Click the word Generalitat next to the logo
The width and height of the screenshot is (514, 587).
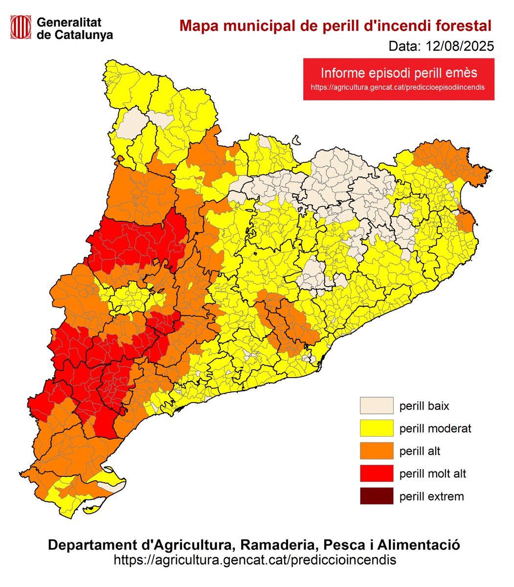click(69, 23)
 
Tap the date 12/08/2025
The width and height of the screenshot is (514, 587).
click(460, 46)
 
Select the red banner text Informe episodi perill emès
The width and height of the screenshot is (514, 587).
click(399, 73)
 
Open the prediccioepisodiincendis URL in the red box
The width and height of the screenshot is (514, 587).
click(399, 88)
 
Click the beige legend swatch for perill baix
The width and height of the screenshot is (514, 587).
click(377, 406)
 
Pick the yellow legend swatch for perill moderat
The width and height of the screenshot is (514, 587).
click(377, 428)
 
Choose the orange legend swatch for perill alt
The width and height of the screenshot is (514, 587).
click(377, 451)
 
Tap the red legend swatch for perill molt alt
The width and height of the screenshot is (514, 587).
click(377, 474)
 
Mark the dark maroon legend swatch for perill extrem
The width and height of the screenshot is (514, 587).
click(377, 496)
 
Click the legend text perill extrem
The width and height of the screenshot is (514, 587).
click(431, 497)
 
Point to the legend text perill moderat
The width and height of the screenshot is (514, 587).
click(435, 429)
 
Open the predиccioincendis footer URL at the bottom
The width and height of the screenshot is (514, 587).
click(255, 560)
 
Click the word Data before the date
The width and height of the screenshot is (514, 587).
click(404, 46)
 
